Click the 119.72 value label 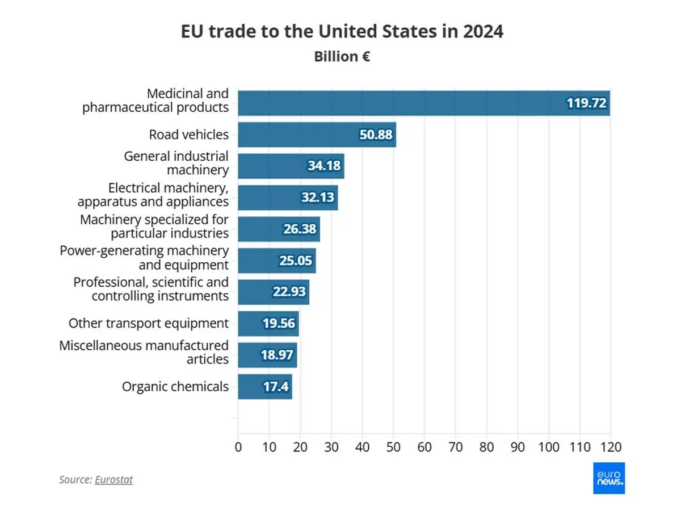[x=587, y=103]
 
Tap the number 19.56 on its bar [x=278, y=324]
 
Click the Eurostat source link [x=113, y=480]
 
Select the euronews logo [x=608, y=478]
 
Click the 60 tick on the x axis [x=424, y=446]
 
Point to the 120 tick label [x=611, y=446]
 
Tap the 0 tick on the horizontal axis [x=238, y=446]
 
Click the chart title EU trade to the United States [x=342, y=32]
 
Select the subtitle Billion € [x=342, y=57]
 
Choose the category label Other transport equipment [x=149, y=324]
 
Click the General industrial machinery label [x=176, y=162]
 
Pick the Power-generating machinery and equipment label [x=144, y=257]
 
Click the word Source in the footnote [x=75, y=480]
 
